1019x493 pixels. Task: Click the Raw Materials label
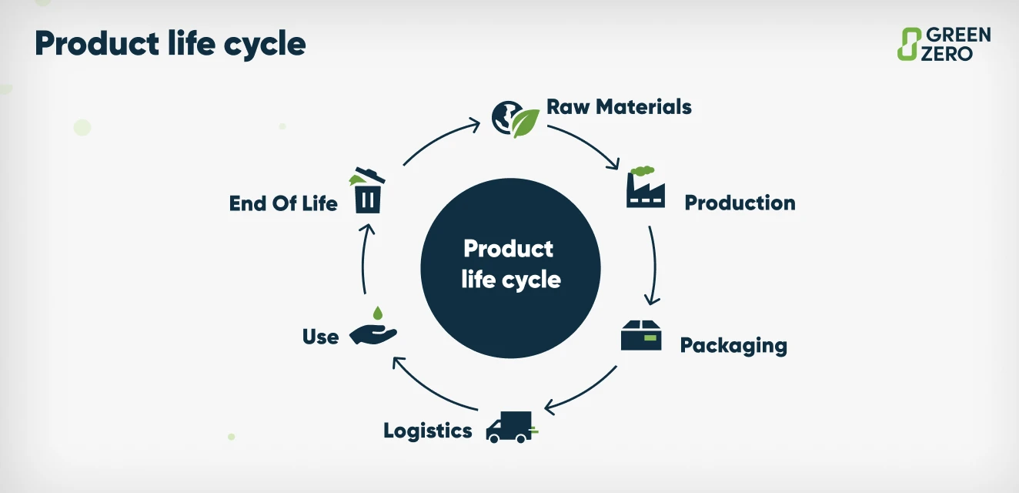pyautogui.click(x=619, y=106)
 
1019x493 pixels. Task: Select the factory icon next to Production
pyautogui.click(x=645, y=188)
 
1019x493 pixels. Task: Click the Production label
pyautogui.click(x=740, y=203)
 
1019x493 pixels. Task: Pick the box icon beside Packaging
pyautogui.click(x=641, y=335)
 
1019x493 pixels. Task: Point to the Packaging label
pyautogui.click(x=733, y=344)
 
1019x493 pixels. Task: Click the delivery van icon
pyautogui.click(x=510, y=427)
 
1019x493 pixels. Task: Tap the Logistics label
pyautogui.click(x=427, y=430)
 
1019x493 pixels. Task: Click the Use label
pyautogui.click(x=321, y=337)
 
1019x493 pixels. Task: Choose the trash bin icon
pyautogui.click(x=368, y=191)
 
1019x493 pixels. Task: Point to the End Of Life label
pyautogui.click(x=283, y=203)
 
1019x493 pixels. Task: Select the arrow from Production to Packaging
pyautogui.click(x=653, y=266)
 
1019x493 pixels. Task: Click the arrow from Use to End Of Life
pyautogui.click(x=365, y=258)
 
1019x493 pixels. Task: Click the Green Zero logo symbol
pyautogui.click(x=910, y=44)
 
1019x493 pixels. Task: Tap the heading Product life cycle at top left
pyautogui.click(x=170, y=44)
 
